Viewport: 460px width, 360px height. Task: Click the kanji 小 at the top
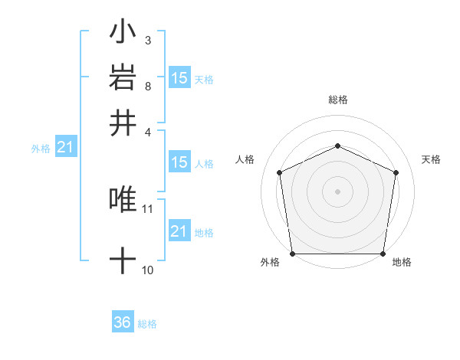[123, 33]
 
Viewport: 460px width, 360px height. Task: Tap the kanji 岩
[123, 77]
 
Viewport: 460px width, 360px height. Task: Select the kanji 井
[123, 123]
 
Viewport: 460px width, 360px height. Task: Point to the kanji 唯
[123, 199]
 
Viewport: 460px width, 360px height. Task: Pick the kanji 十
[123, 261]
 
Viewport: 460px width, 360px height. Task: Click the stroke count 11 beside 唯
[148, 208]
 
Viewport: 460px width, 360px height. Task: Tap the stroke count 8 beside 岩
[148, 86]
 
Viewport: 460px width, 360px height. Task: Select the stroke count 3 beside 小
[148, 40]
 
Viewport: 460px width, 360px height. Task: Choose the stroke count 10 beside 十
[148, 270]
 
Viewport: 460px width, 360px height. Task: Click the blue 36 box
[123, 323]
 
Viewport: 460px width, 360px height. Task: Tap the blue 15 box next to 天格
[179, 78]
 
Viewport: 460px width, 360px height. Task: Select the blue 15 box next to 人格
[179, 162]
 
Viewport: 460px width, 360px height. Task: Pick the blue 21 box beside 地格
[179, 231]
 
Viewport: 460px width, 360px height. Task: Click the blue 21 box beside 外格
[65, 148]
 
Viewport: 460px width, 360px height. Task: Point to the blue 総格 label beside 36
[147, 324]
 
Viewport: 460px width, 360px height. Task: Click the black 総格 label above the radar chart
[337, 100]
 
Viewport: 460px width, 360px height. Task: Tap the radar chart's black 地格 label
[402, 263]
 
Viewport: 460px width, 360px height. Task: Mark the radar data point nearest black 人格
[280, 172]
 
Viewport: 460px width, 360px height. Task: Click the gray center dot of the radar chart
[337, 191]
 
